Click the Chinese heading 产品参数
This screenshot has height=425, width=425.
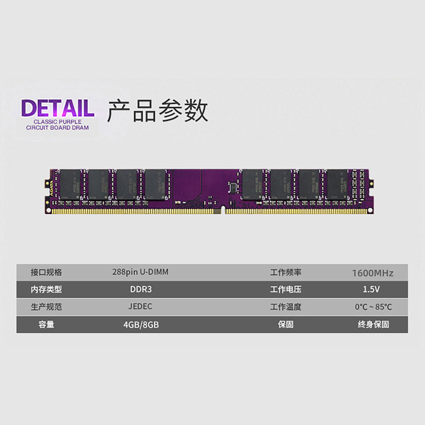(x=157, y=110)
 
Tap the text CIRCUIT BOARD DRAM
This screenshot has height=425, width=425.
(x=58, y=127)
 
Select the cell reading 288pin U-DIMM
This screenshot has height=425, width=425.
(x=141, y=272)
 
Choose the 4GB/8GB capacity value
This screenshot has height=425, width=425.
(x=141, y=324)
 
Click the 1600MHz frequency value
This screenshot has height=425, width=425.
(x=372, y=273)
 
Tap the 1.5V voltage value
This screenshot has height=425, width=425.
(x=372, y=290)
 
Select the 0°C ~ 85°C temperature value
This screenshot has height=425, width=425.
(x=373, y=307)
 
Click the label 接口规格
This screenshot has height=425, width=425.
(x=46, y=272)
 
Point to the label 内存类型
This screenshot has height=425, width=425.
(x=46, y=290)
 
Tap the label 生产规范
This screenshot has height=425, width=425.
(x=46, y=307)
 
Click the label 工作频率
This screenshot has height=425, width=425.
(x=286, y=272)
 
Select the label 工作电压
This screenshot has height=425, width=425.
(x=286, y=290)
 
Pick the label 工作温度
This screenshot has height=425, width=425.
(x=286, y=307)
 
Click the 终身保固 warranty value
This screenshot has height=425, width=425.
(x=373, y=324)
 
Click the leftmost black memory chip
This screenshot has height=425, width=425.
(x=70, y=184)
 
